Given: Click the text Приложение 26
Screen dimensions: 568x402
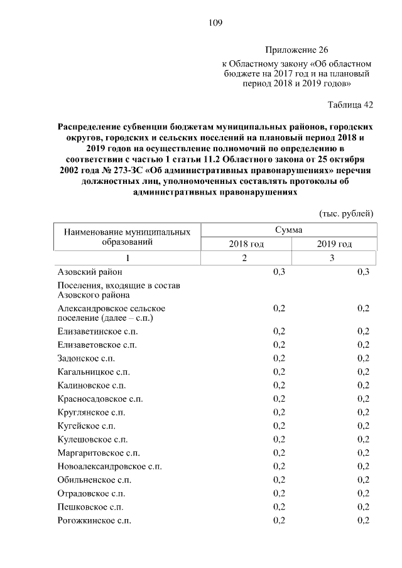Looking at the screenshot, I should click(296, 50).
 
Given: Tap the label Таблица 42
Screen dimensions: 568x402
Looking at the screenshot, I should click(350, 104).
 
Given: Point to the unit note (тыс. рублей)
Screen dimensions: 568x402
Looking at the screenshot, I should click(347, 213).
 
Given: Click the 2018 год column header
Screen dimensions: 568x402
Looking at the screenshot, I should click(246, 244).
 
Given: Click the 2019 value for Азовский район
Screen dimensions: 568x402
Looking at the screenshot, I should click(363, 272).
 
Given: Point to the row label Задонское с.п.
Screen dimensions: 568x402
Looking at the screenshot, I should click(88, 358).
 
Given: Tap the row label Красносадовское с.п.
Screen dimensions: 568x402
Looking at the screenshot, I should click(100, 399).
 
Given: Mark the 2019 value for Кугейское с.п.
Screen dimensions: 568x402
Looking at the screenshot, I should click(363, 426).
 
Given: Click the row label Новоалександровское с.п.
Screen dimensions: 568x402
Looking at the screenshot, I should click(109, 466).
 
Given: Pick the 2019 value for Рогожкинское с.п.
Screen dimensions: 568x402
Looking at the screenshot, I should click(363, 520).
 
